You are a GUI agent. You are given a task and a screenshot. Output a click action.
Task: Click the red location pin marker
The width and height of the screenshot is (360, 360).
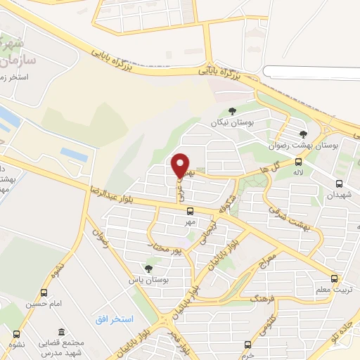[181, 165]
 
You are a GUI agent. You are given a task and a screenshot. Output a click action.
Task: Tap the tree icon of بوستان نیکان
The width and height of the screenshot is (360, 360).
[233, 111]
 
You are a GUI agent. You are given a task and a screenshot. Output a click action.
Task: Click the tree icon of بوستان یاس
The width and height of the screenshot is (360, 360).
[148, 268]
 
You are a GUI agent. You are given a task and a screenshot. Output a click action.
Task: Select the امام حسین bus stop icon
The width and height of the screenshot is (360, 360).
[45, 293]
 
